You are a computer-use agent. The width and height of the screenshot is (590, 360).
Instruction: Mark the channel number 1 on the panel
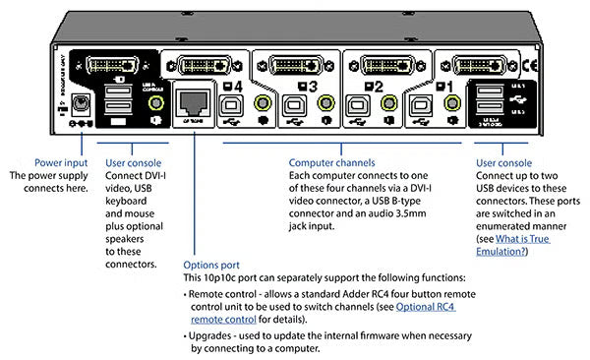(450, 86)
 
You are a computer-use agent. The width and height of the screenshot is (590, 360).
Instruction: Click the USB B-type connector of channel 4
(232, 103)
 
